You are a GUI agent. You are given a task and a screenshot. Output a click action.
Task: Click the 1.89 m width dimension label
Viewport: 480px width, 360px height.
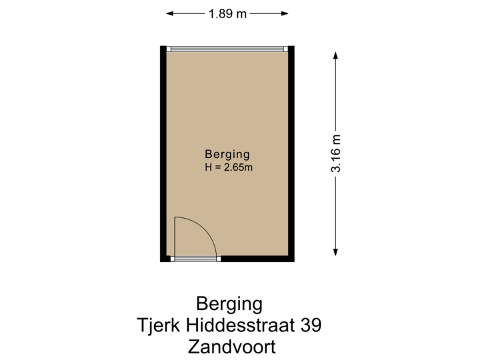(227, 13)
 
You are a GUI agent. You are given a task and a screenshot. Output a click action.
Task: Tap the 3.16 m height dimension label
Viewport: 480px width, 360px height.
(337, 153)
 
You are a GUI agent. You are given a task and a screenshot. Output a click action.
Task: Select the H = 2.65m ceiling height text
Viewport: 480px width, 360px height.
(229, 167)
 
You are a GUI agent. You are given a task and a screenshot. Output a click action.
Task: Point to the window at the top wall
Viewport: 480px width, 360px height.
(227, 49)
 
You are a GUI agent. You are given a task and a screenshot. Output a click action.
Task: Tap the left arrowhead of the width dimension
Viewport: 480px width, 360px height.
(170, 13)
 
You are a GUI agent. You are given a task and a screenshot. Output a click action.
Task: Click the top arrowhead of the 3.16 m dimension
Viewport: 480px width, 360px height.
(337, 55)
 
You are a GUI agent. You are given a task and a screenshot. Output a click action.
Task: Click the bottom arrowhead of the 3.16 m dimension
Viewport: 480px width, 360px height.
(337, 251)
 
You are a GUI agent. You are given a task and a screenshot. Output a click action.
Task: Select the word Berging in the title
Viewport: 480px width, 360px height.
(229, 305)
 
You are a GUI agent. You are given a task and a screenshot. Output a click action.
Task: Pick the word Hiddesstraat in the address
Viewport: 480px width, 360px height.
(239, 326)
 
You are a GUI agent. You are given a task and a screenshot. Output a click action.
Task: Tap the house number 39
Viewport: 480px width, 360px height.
(311, 326)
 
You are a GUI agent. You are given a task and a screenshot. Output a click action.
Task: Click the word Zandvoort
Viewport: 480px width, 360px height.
(231, 347)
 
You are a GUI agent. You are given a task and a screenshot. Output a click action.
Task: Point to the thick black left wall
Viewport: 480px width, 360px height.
(163, 153)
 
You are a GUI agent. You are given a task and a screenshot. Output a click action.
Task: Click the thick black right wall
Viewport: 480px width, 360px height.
(292, 153)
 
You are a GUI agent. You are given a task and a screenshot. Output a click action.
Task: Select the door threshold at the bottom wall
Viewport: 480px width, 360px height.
(196, 259)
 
